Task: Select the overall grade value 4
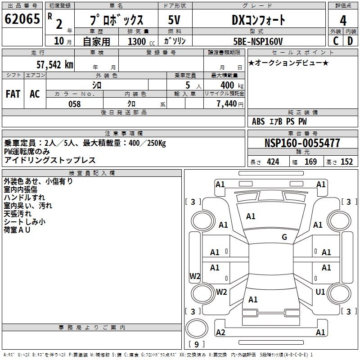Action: [343, 21]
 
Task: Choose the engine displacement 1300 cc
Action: [139, 41]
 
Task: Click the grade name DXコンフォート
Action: [258, 20]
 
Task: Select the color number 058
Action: [74, 104]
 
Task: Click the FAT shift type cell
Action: [13, 94]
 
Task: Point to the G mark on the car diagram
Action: [284, 237]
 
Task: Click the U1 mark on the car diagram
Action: [320, 292]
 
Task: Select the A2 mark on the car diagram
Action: [220, 333]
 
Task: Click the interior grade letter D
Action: [350, 41]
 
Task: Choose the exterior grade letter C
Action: [335, 41]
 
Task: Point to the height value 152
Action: [346, 162]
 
